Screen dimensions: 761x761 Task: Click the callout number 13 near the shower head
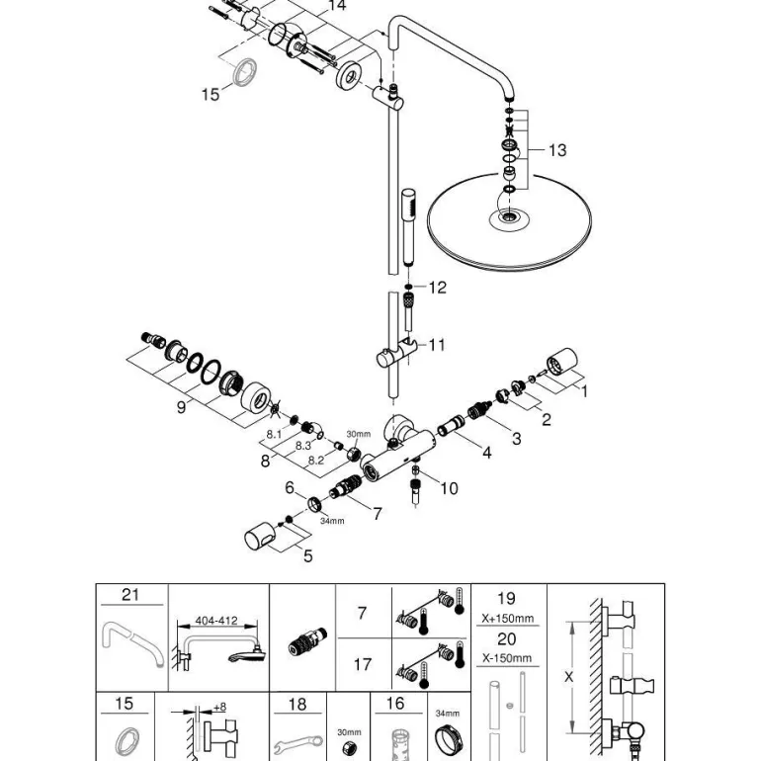(x=557, y=150)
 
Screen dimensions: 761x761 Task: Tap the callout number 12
(x=437, y=288)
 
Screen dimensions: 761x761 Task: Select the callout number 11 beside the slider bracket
(x=436, y=345)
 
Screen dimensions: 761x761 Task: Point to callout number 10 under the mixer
(x=449, y=488)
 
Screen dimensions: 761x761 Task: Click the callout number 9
(x=181, y=405)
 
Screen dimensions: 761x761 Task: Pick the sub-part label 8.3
(x=303, y=446)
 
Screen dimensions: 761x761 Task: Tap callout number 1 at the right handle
(x=583, y=391)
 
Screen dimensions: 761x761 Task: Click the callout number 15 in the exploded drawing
(x=210, y=94)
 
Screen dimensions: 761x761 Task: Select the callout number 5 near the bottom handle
(x=307, y=556)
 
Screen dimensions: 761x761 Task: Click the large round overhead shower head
(x=509, y=222)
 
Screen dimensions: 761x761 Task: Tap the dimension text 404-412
(x=216, y=621)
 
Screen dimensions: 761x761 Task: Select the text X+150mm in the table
(x=506, y=619)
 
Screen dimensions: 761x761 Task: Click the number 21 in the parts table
(x=131, y=595)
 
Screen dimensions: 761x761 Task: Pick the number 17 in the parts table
(x=363, y=665)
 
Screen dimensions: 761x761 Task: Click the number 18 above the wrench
(x=297, y=705)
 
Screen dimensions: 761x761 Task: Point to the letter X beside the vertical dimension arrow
(x=568, y=677)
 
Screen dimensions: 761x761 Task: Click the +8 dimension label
(x=219, y=707)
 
